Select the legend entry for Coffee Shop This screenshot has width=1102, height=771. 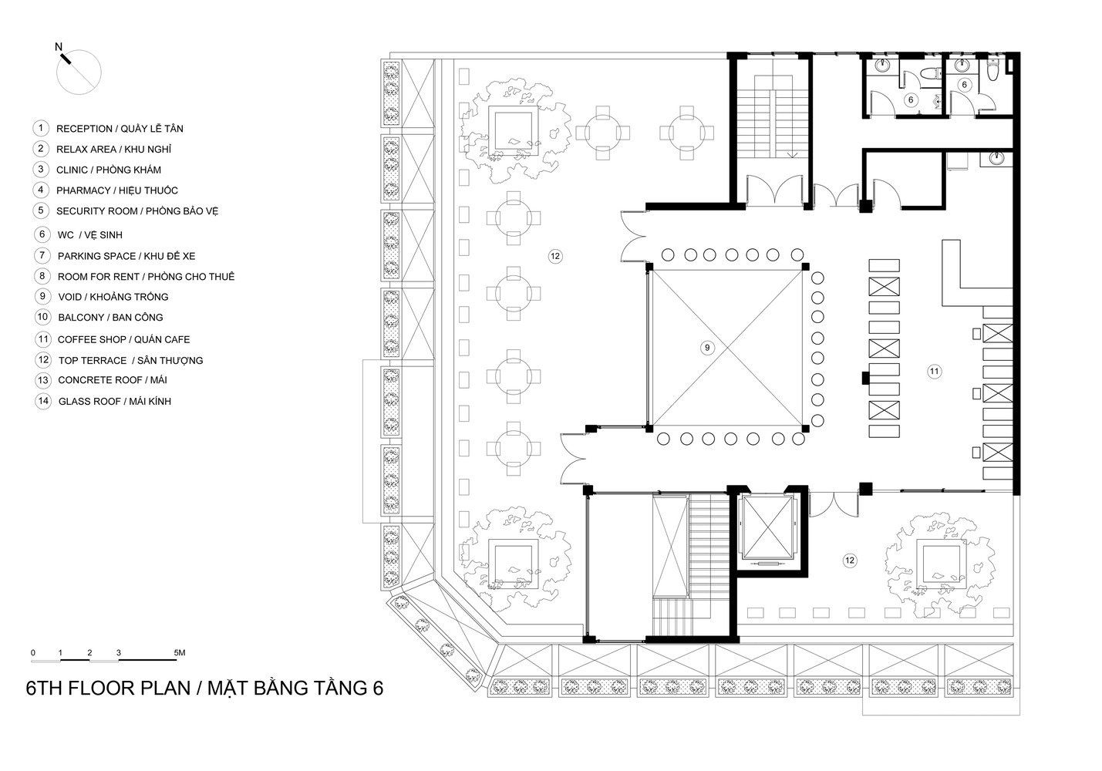(x=123, y=339)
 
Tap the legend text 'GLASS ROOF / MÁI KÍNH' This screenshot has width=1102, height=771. (x=114, y=402)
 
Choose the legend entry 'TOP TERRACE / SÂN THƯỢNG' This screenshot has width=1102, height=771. (x=130, y=360)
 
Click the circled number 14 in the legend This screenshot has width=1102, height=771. (x=42, y=401)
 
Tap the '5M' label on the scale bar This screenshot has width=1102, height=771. (x=179, y=653)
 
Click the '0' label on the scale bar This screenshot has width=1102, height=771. (x=33, y=653)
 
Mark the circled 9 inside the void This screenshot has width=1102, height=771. (x=706, y=348)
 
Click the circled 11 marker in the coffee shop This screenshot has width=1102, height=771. (x=934, y=372)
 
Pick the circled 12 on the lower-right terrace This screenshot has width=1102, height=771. (x=849, y=561)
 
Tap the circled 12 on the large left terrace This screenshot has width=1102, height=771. (x=554, y=256)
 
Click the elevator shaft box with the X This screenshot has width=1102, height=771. (x=766, y=527)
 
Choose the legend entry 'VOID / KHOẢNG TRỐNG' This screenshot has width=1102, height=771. (x=113, y=297)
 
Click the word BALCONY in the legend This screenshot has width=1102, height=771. (x=81, y=318)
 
